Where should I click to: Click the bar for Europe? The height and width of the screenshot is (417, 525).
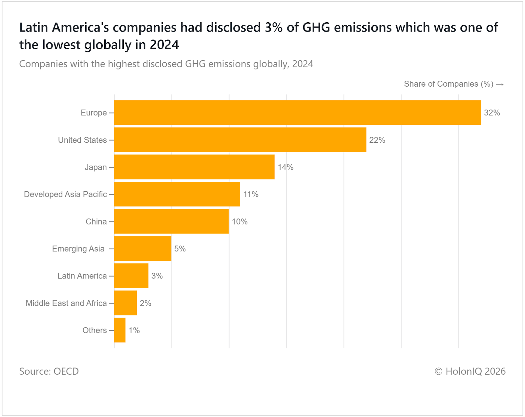(297, 113)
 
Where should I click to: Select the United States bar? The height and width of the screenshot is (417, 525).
(240, 140)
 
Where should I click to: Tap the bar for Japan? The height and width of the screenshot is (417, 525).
(194, 167)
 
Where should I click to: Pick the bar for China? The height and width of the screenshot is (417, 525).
(171, 221)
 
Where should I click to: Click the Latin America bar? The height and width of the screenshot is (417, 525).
(131, 276)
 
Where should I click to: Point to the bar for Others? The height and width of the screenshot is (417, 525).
(120, 330)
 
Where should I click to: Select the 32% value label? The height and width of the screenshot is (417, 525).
(492, 113)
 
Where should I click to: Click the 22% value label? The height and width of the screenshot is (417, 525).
(377, 140)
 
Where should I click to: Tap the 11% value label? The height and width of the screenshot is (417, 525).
(251, 195)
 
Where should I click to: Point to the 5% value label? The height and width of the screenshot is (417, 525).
(180, 249)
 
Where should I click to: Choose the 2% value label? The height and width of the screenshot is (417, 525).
(145, 303)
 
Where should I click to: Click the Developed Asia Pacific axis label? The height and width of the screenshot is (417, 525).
(65, 194)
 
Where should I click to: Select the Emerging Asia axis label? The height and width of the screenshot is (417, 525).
(78, 249)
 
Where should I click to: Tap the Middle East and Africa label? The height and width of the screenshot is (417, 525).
(66, 303)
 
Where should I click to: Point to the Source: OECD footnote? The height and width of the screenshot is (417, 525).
(49, 371)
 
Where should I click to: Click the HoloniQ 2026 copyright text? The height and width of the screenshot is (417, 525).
(470, 371)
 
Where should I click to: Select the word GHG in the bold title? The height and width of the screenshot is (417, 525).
(316, 28)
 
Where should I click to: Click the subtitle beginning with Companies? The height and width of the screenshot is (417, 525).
(166, 64)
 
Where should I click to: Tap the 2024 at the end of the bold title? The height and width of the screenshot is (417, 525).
(164, 45)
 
